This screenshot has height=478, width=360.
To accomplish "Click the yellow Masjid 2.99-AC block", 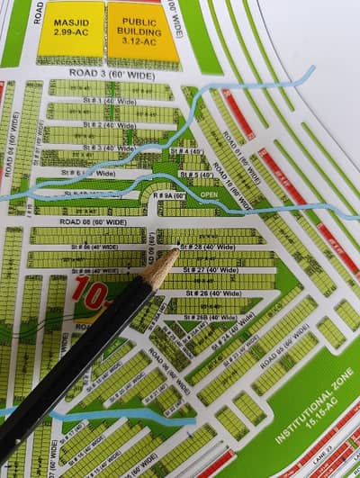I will pos(70,30).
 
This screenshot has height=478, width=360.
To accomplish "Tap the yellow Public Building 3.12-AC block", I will pos(143,31).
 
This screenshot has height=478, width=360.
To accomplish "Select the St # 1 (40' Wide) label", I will pos(110,101).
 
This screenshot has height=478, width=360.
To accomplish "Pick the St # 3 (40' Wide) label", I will pos(108,148).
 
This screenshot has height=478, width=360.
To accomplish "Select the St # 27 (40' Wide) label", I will pos(208,269).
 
